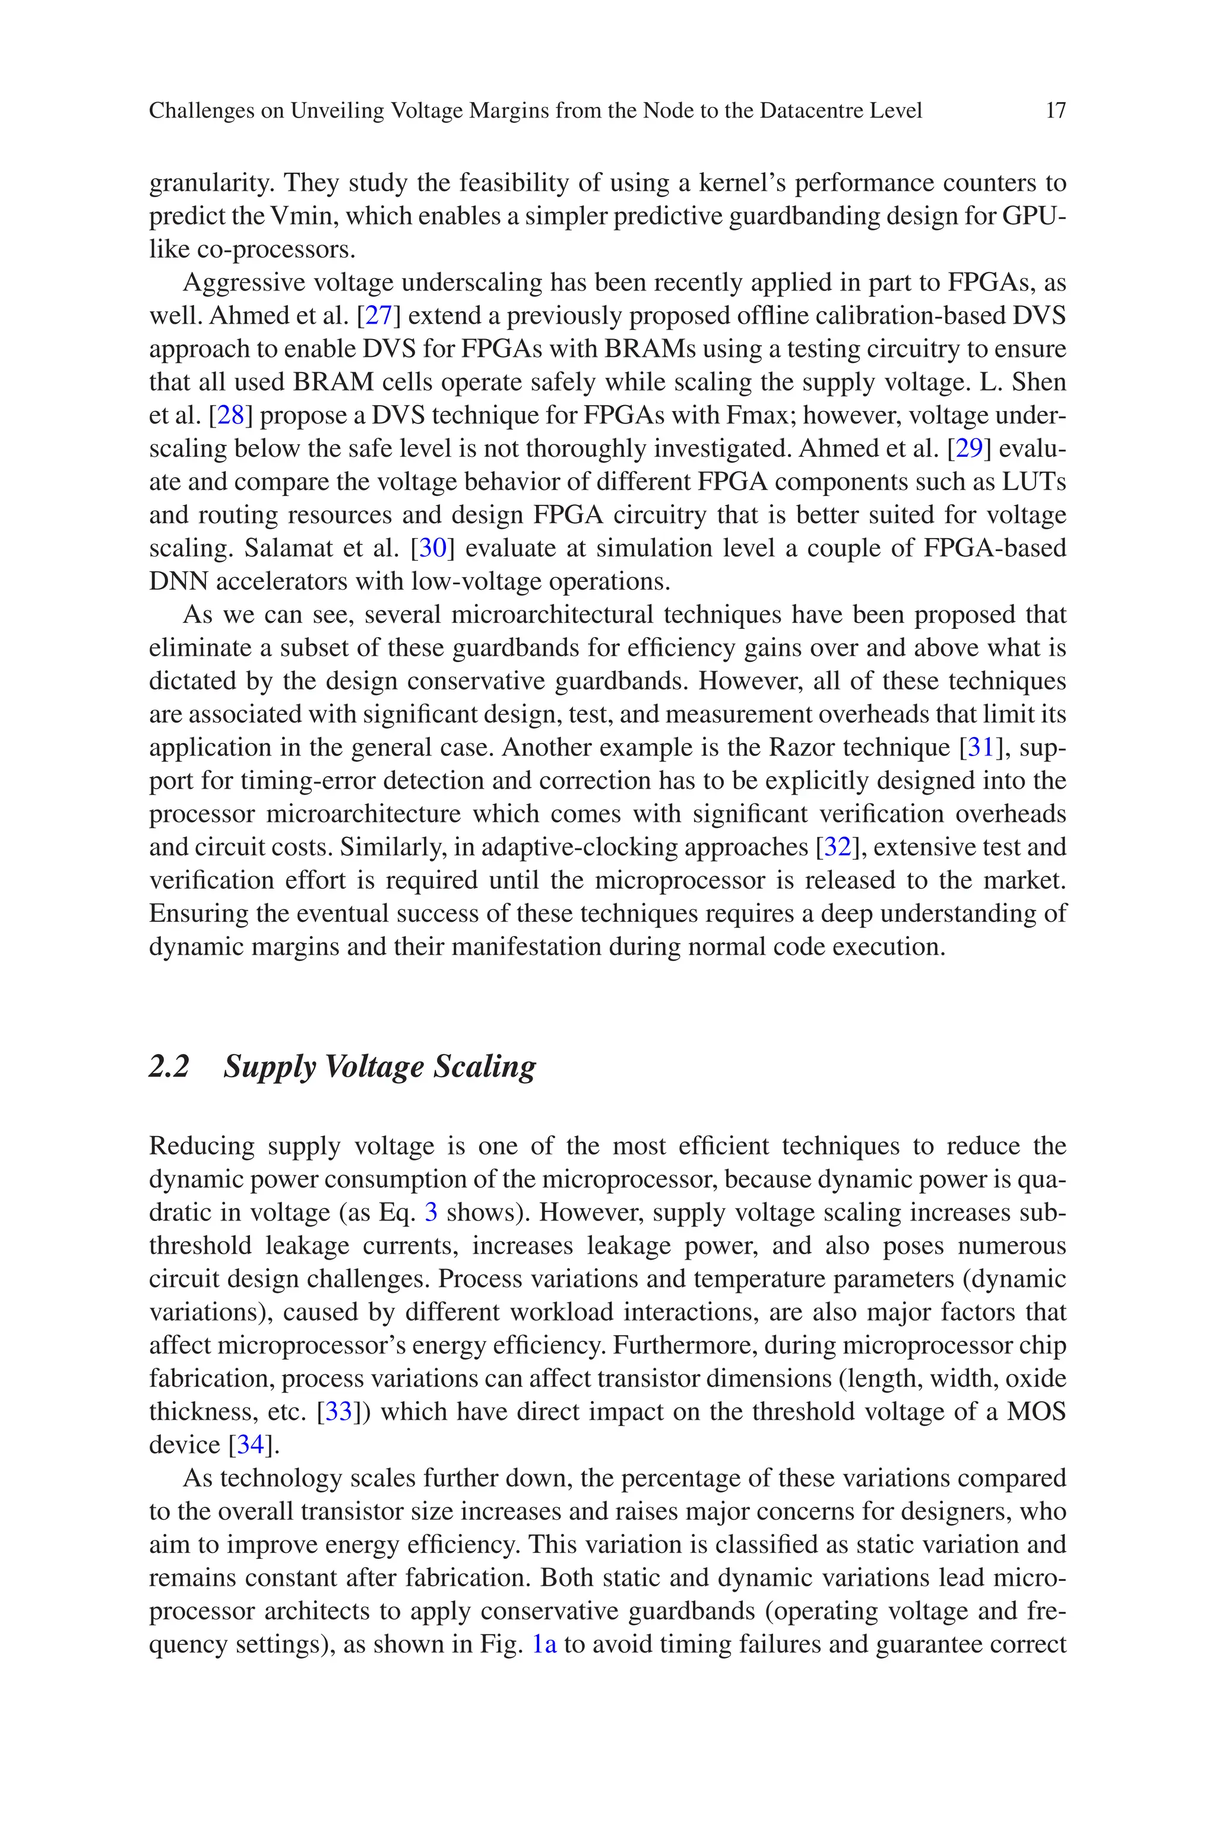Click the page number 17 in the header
tap(1056, 111)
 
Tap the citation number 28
tap(230, 416)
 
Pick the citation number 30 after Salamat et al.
tap(432, 548)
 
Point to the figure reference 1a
tap(544, 1644)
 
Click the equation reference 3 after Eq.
tap(431, 1212)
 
